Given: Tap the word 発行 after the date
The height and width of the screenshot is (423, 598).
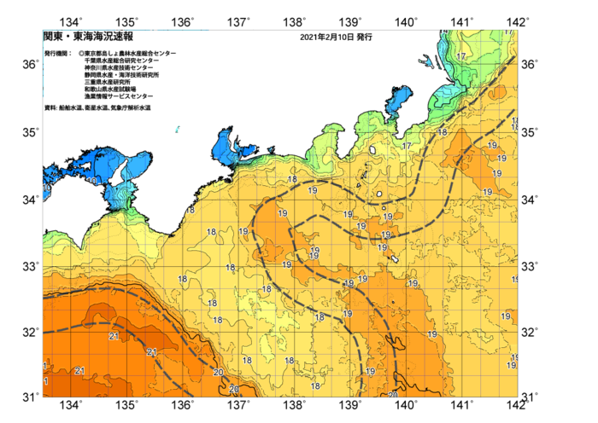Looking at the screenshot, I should pos(365,38).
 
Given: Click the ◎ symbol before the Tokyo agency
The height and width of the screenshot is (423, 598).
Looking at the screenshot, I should pos(81,54).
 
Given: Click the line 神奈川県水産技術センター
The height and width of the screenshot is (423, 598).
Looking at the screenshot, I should pos(119,68).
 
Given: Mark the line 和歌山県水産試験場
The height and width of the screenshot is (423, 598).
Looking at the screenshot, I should pos(112,90).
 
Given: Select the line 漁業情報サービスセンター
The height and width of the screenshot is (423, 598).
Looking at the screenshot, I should pos(119,96).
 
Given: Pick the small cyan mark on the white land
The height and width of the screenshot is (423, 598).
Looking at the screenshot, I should pos(178,129).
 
